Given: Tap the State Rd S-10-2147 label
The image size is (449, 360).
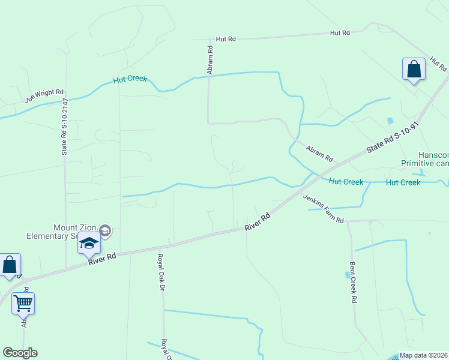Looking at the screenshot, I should click(x=64, y=128).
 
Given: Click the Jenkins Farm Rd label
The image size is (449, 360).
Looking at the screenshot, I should click(x=323, y=209).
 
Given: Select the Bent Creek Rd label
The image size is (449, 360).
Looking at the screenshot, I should click(x=354, y=281).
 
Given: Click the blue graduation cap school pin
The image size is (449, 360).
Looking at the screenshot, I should click(x=89, y=244).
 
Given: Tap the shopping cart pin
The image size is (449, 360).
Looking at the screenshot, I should click(x=23, y=304).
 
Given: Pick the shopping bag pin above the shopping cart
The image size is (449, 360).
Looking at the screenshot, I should click(x=10, y=265).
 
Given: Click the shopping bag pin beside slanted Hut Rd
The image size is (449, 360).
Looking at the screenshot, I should click(x=414, y=69).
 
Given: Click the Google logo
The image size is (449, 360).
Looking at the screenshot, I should click(x=20, y=353).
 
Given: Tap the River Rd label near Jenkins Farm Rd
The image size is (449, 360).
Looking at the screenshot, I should click(x=258, y=222).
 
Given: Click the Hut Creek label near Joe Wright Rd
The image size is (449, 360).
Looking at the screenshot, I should click(x=130, y=79).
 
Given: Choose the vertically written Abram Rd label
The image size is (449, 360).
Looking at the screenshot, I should click(x=210, y=56).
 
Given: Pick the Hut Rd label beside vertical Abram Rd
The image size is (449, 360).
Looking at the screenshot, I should click(x=227, y=38).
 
